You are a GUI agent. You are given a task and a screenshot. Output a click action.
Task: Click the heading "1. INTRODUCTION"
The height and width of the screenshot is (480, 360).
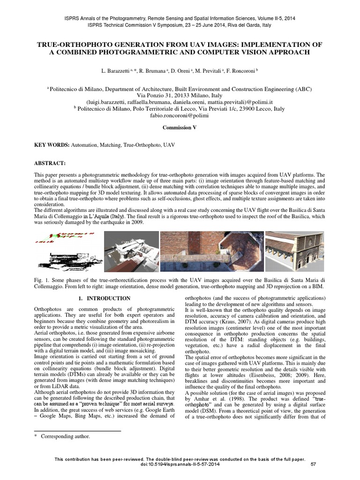[104, 298]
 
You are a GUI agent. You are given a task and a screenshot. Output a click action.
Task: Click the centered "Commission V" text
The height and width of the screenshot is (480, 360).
[180, 127]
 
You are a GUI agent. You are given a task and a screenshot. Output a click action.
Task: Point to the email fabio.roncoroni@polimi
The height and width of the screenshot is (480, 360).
[179, 115]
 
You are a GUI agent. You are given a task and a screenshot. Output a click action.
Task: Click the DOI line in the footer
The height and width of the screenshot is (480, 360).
[180, 465]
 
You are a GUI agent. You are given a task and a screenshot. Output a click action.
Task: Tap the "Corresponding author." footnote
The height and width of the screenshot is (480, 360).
[65, 436]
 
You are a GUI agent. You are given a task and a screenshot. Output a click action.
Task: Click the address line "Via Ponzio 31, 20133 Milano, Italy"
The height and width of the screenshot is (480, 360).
[180, 95]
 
